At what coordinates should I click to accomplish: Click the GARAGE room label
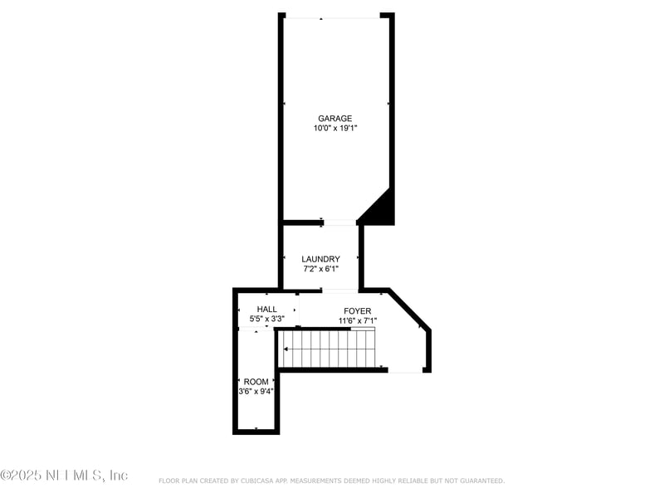click(x=334, y=119)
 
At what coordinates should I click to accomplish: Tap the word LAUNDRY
click(x=320, y=259)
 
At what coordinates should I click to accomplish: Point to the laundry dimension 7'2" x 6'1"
click(x=320, y=269)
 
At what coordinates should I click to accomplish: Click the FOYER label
click(x=358, y=310)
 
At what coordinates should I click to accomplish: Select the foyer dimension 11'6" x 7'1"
click(x=358, y=320)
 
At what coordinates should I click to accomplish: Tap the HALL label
click(x=267, y=309)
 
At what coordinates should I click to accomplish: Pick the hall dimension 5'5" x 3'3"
click(x=267, y=319)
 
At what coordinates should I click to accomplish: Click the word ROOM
click(x=256, y=382)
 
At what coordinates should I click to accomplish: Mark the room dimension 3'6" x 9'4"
click(x=256, y=391)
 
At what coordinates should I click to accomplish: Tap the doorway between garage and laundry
click(x=339, y=222)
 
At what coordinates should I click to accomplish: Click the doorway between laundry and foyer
click(x=339, y=290)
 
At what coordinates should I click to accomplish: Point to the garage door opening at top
click(x=334, y=16)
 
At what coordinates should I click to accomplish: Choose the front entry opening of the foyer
click(x=406, y=370)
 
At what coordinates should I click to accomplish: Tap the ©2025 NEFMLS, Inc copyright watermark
click(x=64, y=475)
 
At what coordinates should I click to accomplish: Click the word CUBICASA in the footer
click(x=261, y=481)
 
